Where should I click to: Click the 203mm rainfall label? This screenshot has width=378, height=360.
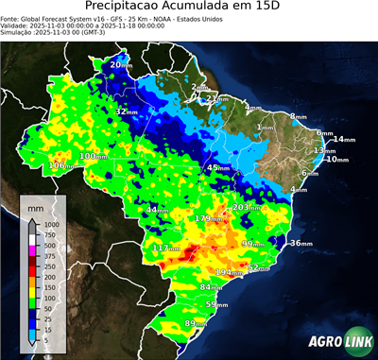(247, 207)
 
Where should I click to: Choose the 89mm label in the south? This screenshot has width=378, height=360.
(196, 324)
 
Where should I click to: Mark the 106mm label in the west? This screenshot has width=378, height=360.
(61, 165)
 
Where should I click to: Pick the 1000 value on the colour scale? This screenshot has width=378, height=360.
(50, 224)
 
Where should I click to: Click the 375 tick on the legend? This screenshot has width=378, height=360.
(49, 256)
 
